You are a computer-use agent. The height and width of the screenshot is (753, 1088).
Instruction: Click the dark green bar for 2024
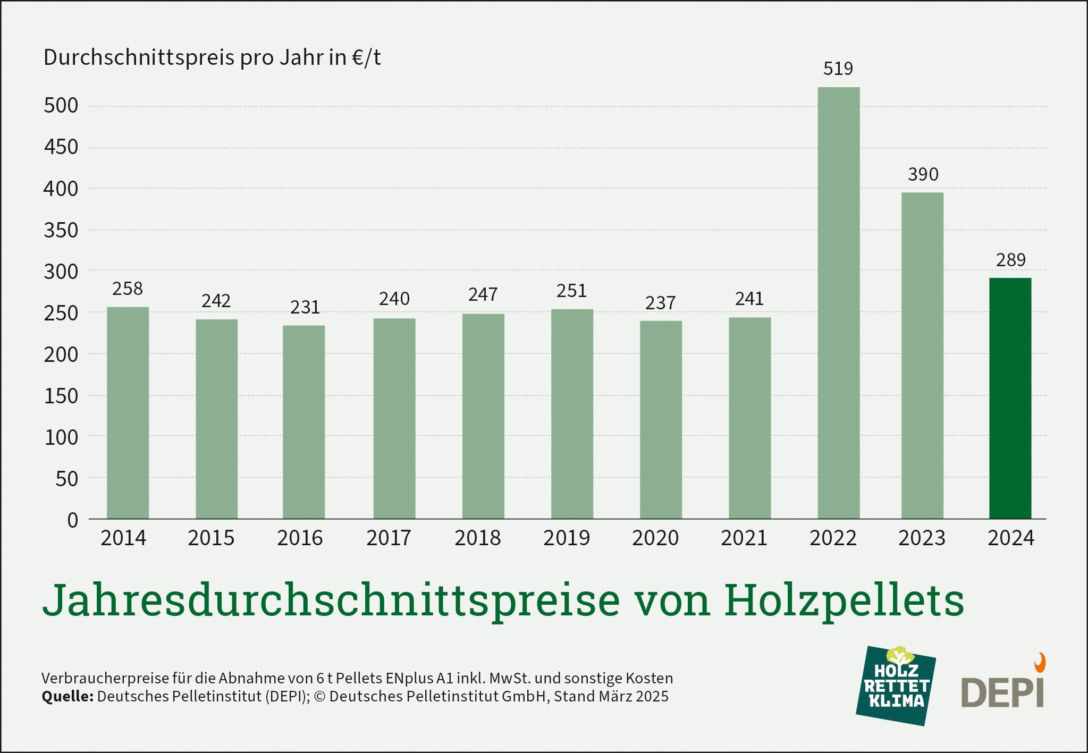tap(1010, 399)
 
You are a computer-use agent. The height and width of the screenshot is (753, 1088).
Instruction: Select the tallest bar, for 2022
tap(838, 303)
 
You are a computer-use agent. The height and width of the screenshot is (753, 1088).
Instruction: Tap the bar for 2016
tap(303, 422)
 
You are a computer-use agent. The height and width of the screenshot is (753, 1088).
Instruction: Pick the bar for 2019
tap(572, 414)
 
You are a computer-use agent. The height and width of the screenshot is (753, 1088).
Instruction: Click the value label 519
tap(838, 69)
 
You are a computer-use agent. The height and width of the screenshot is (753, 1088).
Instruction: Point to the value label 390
tap(923, 174)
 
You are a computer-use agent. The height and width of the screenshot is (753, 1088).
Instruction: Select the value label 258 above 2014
tap(128, 289)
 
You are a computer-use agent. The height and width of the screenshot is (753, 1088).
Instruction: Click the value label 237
tap(660, 303)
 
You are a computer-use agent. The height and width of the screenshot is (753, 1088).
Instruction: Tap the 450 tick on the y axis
tap(61, 147)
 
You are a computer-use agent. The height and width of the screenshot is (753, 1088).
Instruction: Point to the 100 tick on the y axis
tap(61, 437)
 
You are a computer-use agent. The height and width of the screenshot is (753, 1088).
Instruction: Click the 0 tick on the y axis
tap(72, 520)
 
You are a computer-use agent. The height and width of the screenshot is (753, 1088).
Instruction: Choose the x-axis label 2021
tap(744, 538)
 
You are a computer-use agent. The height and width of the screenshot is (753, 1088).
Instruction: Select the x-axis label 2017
tap(389, 538)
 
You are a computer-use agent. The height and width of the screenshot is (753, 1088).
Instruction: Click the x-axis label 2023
tap(922, 538)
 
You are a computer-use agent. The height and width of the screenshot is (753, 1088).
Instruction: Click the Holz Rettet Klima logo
tap(896, 686)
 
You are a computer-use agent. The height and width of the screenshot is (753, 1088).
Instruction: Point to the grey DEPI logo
tap(1002, 691)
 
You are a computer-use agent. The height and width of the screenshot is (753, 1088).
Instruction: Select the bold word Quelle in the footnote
tap(68, 697)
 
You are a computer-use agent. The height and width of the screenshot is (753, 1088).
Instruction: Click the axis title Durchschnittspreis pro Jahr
tap(212, 57)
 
